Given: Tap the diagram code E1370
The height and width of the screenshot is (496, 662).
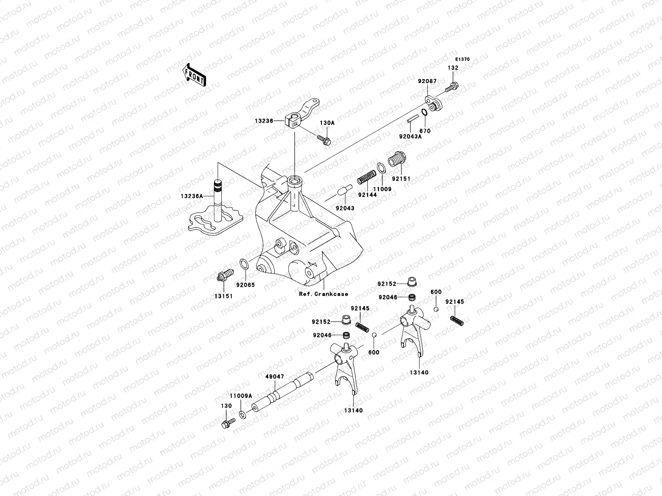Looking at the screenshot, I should (463, 60).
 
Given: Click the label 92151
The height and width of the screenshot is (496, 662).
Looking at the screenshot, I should (401, 179).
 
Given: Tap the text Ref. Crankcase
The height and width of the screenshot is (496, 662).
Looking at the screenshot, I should (323, 294).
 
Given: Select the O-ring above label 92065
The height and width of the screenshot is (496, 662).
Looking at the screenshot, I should (244, 264).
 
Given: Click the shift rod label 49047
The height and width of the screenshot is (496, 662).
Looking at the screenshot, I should (275, 377).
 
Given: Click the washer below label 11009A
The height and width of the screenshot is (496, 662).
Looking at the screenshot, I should (242, 415).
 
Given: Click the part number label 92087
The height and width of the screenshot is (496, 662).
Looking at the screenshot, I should (426, 81).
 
